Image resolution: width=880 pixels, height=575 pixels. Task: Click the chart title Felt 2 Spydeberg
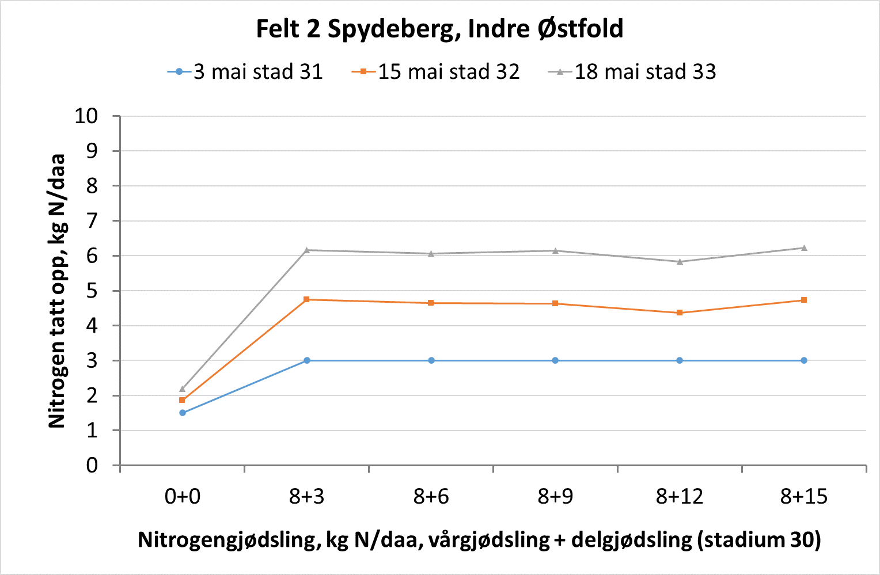(x=439, y=29)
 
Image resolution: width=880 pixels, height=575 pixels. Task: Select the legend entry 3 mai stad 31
(x=257, y=72)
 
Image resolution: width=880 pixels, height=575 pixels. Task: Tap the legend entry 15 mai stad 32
(x=448, y=72)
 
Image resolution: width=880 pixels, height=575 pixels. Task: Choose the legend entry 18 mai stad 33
(x=644, y=72)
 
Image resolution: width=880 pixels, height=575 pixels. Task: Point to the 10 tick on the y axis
(x=86, y=116)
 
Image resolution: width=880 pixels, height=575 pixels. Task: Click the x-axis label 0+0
(x=183, y=496)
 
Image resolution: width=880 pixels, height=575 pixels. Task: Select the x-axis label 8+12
(x=680, y=496)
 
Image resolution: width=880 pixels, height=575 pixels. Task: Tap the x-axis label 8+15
(x=804, y=496)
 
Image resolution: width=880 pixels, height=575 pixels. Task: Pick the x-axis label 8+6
(x=431, y=496)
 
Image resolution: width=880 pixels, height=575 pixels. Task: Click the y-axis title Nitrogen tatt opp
(x=57, y=291)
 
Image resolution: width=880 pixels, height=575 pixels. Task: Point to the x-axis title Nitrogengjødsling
(x=479, y=540)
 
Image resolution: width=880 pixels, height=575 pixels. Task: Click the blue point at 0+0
(x=183, y=413)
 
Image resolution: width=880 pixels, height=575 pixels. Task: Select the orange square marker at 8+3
(x=306, y=299)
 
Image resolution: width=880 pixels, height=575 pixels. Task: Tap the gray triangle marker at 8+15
(x=804, y=248)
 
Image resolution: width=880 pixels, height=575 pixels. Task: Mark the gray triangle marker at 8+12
(x=680, y=261)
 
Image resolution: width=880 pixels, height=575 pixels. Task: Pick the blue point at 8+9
(x=555, y=360)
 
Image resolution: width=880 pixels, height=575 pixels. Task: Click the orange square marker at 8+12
(x=680, y=313)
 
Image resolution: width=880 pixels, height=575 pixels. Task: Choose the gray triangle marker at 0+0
(x=183, y=389)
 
